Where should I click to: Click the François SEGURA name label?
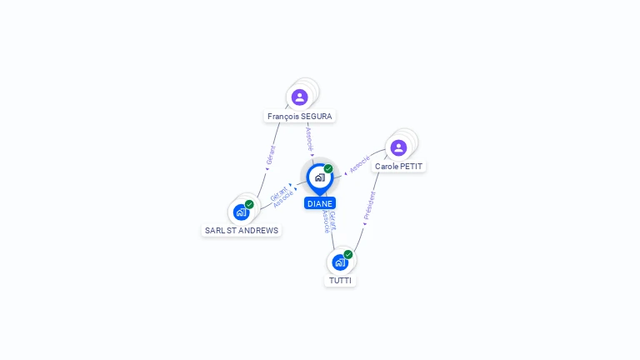pos(300,117)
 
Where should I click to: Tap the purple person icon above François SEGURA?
pos(300,97)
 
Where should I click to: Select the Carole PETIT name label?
pos(399,167)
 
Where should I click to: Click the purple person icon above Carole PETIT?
pos(398,147)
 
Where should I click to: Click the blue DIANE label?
pos(320,203)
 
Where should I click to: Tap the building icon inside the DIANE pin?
pos(319,177)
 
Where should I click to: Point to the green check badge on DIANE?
pos(328,169)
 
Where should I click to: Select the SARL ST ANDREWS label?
pos(242,230)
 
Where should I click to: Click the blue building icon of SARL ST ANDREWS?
pos(241,212)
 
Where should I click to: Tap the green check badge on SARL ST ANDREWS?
pos(249,204)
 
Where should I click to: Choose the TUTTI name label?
pos(341,281)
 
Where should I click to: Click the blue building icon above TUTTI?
pos(339,262)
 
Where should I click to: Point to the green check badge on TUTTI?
pos(348,254)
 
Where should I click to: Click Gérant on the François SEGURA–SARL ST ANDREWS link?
pos(270,156)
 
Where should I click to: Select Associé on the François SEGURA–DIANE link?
pos(309,138)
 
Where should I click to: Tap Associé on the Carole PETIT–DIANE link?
pos(359,164)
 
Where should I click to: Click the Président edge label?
pos(370,205)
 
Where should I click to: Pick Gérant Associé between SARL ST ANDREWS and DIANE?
pos(281,197)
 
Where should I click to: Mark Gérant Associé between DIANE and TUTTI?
pos(329,222)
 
